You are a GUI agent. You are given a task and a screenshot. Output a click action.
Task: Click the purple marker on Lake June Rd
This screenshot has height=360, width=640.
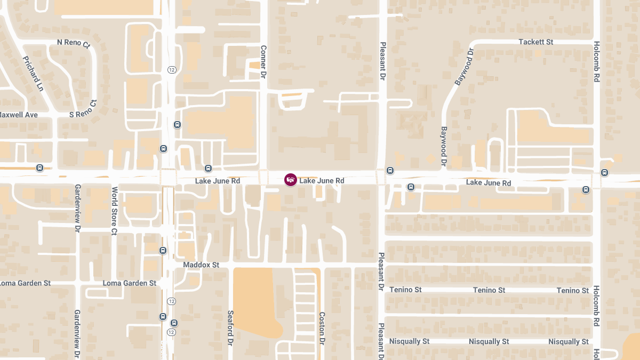point(290,180)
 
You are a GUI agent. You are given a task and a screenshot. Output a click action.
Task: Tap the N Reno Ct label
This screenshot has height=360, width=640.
point(74,43)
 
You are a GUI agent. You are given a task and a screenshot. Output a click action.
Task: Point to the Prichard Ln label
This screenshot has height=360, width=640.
point(33,74)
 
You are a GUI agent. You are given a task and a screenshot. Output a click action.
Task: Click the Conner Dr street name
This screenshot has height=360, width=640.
point(263,61)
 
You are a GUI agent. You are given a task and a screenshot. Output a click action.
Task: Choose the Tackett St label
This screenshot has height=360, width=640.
point(536,42)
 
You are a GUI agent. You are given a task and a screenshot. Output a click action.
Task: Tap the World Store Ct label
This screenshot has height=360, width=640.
point(114,211)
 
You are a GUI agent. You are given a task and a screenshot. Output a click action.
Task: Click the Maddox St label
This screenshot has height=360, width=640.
point(201,265)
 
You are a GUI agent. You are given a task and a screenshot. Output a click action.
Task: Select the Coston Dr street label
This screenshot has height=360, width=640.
point(322,327)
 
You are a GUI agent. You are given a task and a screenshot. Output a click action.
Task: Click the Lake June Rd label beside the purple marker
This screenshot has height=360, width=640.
point(322,181)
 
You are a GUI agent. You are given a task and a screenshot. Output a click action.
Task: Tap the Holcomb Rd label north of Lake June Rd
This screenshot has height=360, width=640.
point(597,61)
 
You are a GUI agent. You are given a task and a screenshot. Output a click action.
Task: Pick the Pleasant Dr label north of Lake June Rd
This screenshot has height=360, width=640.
point(382,61)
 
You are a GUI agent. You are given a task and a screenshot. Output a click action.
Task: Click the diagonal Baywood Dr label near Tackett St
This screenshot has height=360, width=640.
point(464,67)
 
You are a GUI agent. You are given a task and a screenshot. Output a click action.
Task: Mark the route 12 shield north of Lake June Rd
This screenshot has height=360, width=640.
point(171,70)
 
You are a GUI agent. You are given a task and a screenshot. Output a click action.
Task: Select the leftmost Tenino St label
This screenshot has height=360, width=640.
point(405,290)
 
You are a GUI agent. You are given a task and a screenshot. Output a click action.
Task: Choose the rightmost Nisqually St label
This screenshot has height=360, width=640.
point(569,341)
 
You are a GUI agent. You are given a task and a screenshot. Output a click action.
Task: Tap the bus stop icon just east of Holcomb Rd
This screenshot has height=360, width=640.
point(604,172)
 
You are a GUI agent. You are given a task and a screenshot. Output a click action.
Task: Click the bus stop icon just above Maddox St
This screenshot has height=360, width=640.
point(163,250)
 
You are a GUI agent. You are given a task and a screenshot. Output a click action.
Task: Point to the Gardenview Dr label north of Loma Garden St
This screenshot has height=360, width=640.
point(77,209)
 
